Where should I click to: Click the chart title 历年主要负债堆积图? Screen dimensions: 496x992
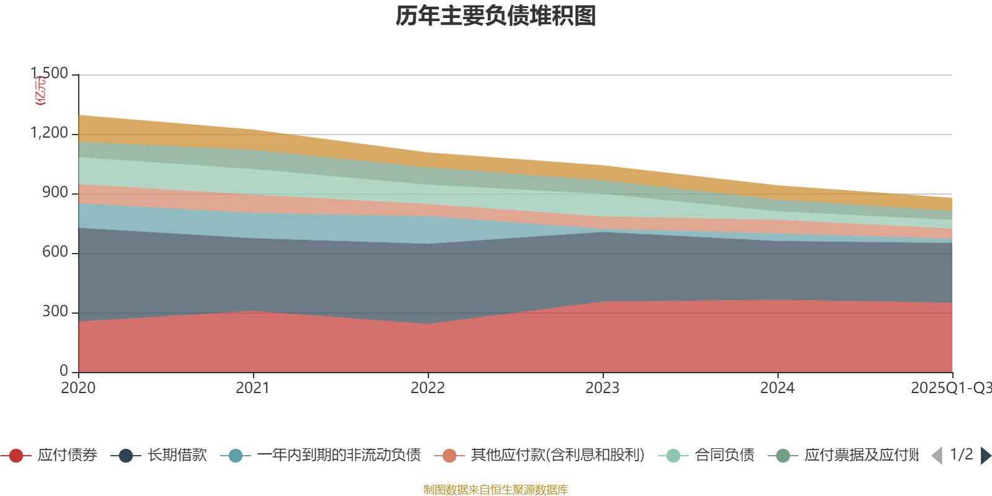[x=496, y=16]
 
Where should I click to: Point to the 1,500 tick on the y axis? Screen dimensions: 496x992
[x=50, y=73]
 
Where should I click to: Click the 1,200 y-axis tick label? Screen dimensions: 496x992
[x=50, y=133]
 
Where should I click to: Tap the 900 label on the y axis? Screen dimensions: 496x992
[x=55, y=192]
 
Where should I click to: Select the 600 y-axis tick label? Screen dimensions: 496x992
[x=55, y=252]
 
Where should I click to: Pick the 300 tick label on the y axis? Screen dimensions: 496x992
[x=55, y=311]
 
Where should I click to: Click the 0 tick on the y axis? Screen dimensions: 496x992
[x=64, y=371]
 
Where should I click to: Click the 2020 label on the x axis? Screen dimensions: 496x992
[x=78, y=388]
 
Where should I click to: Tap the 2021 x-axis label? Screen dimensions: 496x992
[x=253, y=388]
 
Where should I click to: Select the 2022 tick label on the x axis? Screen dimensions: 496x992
[x=428, y=388]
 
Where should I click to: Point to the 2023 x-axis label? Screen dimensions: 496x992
[x=603, y=388]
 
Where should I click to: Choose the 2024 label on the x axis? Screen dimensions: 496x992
[x=777, y=388]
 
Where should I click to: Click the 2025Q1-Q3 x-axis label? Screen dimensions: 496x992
[x=950, y=388]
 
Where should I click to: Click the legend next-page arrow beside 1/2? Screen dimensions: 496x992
[x=985, y=456]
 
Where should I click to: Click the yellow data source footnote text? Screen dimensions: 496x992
[x=496, y=490]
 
